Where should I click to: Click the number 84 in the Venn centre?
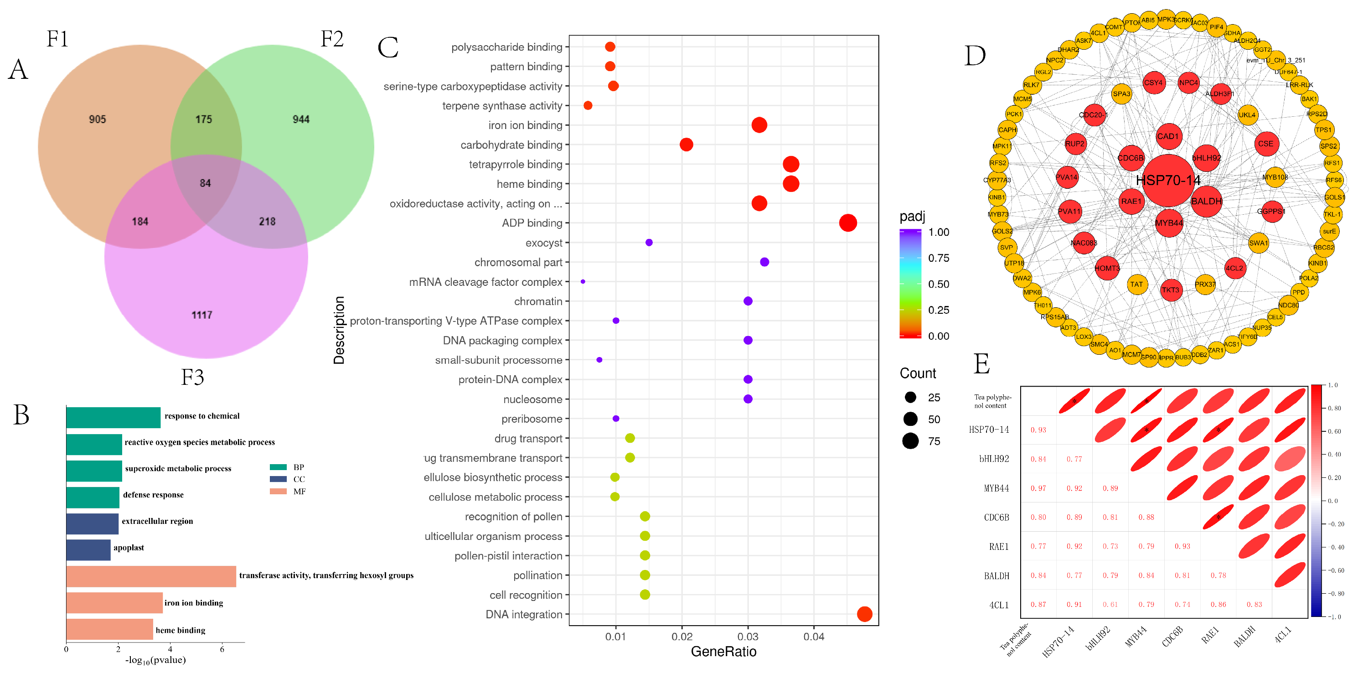pyautogui.click(x=205, y=183)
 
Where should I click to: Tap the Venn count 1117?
pyautogui.click(x=201, y=315)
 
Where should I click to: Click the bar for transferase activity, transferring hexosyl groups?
pyautogui.click(x=151, y=576)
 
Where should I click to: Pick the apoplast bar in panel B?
pyautogui.click(x=88, y=549)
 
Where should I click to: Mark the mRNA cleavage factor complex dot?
pyautogui.click(x=583, y=282)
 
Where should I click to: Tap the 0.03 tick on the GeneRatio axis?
pyautogui.click(x=748, y=637)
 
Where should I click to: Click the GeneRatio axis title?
pyautogui.click(x=723, y=652)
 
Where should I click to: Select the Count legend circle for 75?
pyautogui.click(x=910, y=441)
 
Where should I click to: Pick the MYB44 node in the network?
pyautogui.click(x=1169, y=223)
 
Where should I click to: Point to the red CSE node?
pyautogui.click(x=1266, y=144)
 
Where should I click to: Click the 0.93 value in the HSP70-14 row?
pyautogui.click(x=1038, y=430)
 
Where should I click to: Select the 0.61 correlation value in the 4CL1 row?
pyautogui.click(x=1110, y=605)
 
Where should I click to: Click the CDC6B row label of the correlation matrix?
pyautogui.click(x=997, y=518)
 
